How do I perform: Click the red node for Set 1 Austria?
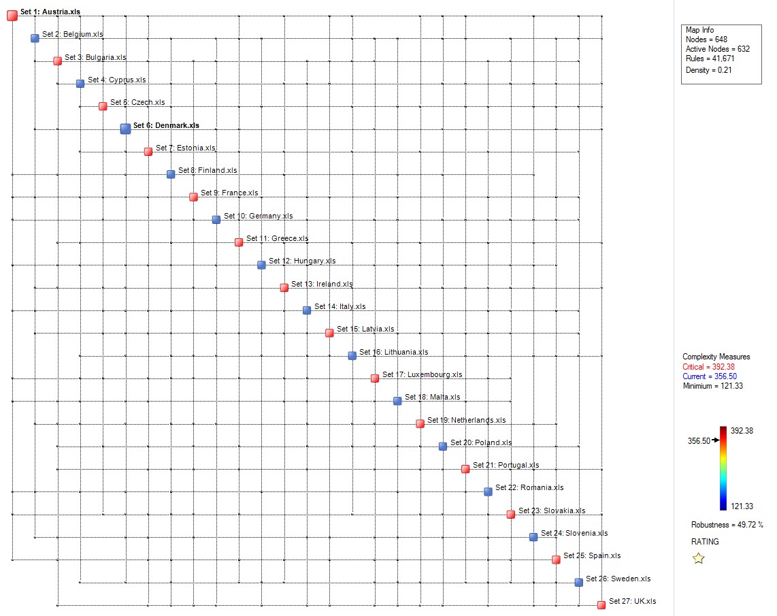pyautogui.click(x=12, y=15)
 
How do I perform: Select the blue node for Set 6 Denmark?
pyautogui.click(x=125, y=129)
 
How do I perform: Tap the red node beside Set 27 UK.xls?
pyautogui.click(x=601, y=604)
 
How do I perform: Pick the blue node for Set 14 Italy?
pyautogui.click(x=307, y=310)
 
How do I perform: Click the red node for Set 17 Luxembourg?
pyautogui.click(x=375, y=378)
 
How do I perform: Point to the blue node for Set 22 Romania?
pyautogui.click(x=488, y=491)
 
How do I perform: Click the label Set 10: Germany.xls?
pyautogui.click(x=259, y=216)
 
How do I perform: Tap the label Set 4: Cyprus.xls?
pyautogui.click(x=116, y=80)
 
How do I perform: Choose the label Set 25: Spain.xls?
pyautogui.click(x=592, y=555)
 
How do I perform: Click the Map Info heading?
pyautogui.click(x=699, y=30)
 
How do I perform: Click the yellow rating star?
pyautogui.click(x=698, y=558)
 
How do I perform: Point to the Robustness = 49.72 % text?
pyautogui.click(x=727, y=525)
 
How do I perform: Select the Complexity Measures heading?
pyautogui.click(x=716, y=357)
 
